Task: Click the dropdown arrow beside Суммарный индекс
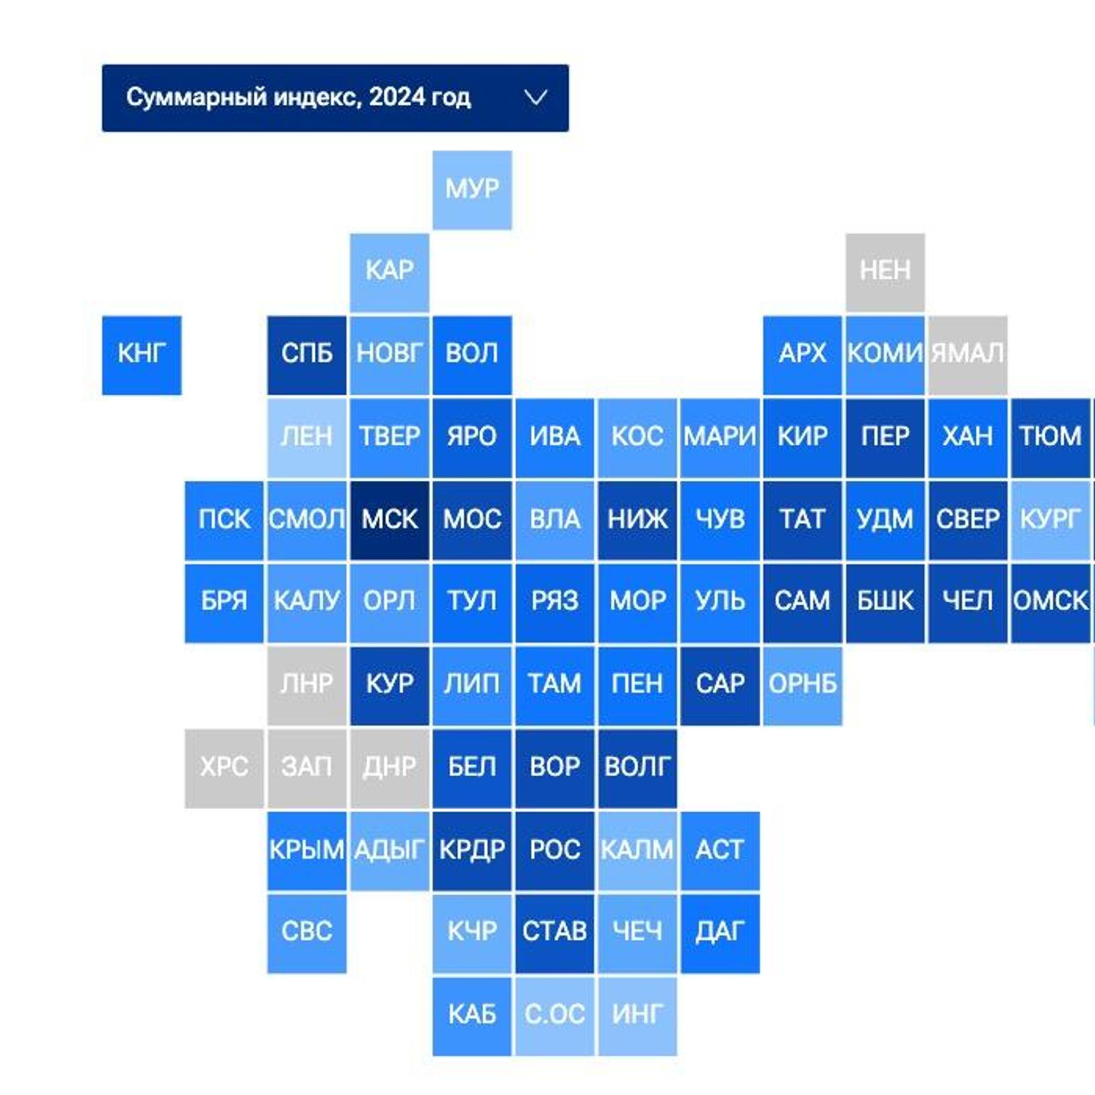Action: (x=536, y=98)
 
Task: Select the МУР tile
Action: (x=472, y=190)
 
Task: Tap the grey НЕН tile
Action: (x=885, y=273)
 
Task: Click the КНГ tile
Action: (x=141, y=355)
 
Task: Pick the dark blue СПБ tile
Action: (x=307, y=355)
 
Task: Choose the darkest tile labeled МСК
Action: (x=390, y=520)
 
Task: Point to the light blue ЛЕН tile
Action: (x=307, y=438)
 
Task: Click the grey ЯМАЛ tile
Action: (x=968, y=355)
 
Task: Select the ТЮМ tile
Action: (x=1051, y=438)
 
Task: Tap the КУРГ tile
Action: (x=1051, y=520)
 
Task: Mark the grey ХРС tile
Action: (x=224, y=768)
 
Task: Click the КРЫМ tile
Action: (x=307, y=851)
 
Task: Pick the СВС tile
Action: (x=307, y=934)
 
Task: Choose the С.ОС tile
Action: (x=555, y=1016)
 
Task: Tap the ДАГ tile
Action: (x=720, y=934)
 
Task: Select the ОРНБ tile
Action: (x=802, y=686)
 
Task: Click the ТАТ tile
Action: (x=802, y=520)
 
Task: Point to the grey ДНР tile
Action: (x=390, y=768)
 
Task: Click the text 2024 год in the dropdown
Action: (x=420, y=98)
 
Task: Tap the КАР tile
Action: (x=390, y=273)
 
